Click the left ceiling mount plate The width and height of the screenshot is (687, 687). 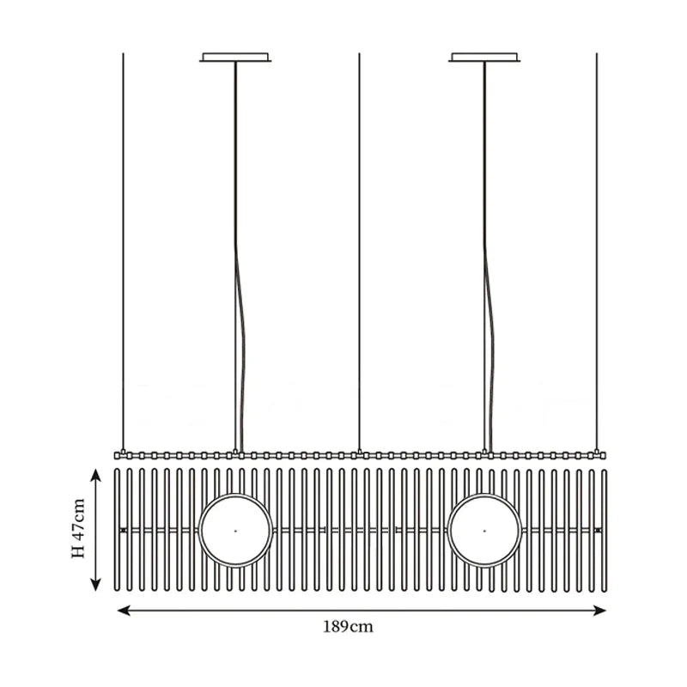tap(235, 58)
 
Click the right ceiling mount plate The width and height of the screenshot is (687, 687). tap(484, 58)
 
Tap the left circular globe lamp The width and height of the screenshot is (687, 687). tap(235, 530)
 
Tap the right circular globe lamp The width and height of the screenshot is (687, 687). tap(484, 530)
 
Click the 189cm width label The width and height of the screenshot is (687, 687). tap(349, 627)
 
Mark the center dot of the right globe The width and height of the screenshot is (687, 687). tap(484, 530)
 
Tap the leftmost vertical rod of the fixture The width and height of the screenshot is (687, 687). tap(119, 530)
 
